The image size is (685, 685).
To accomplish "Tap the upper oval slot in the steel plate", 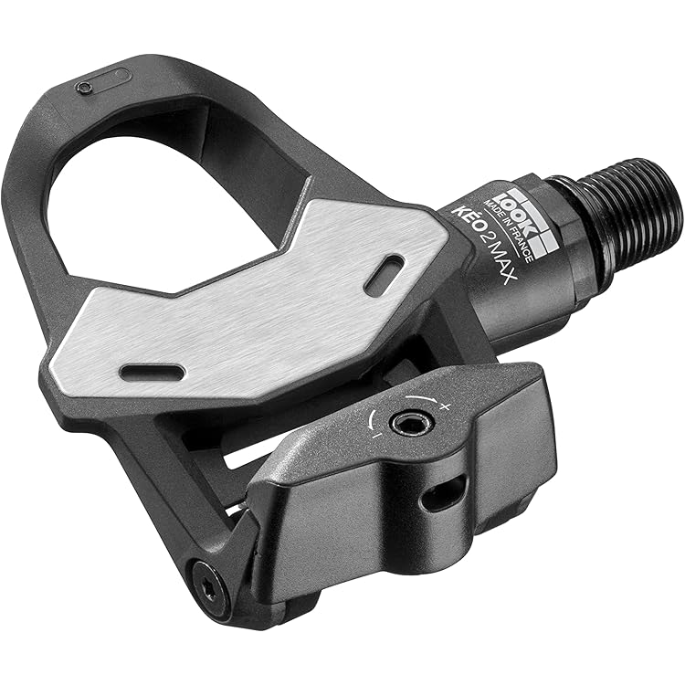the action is (384, 274).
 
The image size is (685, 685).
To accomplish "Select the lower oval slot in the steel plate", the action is (153, 372).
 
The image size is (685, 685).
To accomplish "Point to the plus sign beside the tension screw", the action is (445, 406).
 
